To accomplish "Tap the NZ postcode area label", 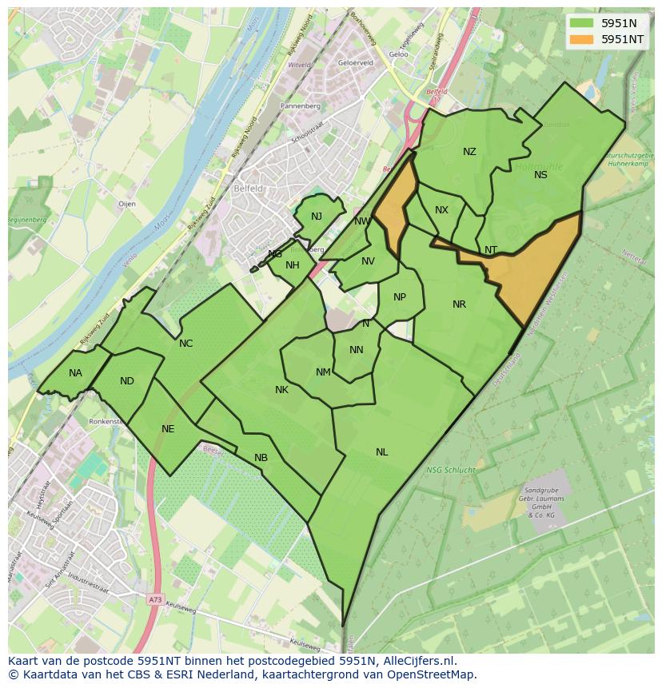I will click(x=469, y=152).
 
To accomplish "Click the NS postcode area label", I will click(x=540, y=175).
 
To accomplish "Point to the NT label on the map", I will click(x=491, y=250).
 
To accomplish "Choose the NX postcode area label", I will click(x=441, y=210).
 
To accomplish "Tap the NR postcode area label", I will click(x=459, y=304).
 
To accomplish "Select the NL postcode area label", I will click(x=381, y=452).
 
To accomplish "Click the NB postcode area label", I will click(x=261, y=458).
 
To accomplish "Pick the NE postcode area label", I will click(x=168, y=429).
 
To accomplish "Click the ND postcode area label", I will click(x=127, y=381).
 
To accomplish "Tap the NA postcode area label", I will click(x=75, y=373).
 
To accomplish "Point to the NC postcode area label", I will click(x=185, y=344).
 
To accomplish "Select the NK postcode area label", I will click(x=281, y=390).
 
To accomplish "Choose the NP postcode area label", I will click(x=400, y=297).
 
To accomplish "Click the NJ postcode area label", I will click(x=317, y=217).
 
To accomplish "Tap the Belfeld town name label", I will click(x=248, y=189).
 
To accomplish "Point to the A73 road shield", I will click(x=154, y=598).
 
